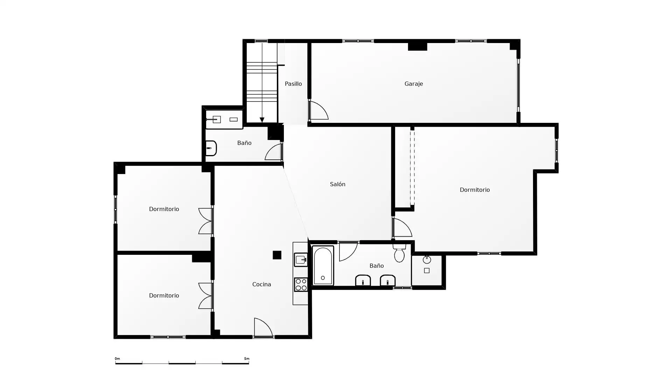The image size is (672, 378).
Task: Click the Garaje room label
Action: [413, 84]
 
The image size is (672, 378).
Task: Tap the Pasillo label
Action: [293, 84]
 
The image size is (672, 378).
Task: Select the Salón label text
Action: [337, 184]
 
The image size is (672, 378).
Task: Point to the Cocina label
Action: [261, 284]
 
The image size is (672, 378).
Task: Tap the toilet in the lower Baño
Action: [399, 253]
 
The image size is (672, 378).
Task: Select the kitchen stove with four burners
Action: [301, 284]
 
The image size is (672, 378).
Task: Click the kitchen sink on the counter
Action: [301, 260]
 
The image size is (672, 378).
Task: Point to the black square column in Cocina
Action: [277, 255]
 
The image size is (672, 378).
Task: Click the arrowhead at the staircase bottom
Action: [262, 120]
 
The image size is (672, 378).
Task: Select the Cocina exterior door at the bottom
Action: [263, 328]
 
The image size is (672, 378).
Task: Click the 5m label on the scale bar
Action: [247, 359]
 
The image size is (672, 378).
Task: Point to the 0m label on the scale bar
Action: [117, 359]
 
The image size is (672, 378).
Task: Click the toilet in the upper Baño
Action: [211, 148]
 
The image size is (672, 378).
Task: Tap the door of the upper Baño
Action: [274, 152]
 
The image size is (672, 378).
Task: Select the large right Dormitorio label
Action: [475, 190]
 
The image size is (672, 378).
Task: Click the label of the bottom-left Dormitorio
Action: [164, 295]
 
